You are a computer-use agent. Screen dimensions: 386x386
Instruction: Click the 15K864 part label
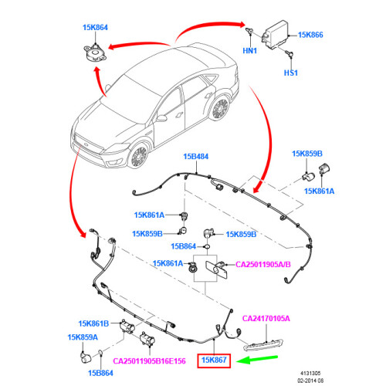coord(95,28)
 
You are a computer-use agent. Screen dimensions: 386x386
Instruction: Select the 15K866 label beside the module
coord(310,35)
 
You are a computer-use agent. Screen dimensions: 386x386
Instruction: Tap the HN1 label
coord(249,51)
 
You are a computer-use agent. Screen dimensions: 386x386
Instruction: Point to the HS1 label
coord(291,73)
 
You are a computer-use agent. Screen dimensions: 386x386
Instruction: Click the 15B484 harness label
coord(196,157)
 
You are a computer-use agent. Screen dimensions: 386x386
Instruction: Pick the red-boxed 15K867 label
coord(214,360)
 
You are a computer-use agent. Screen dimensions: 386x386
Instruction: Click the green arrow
coord(257,359)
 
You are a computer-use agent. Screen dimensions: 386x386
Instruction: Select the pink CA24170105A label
coord(266,319)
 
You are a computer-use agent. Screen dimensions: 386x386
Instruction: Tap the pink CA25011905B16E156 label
coord(149,361)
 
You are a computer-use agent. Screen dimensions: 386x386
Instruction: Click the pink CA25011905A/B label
coord(263,265)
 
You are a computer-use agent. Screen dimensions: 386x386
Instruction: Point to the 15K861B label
coord(93,323)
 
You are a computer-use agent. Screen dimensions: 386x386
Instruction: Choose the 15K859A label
coord(83,337)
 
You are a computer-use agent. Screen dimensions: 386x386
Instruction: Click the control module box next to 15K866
coord(275,35)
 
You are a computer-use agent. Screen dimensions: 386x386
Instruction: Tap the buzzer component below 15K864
coord(95,54)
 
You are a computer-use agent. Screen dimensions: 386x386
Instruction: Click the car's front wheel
coord(139,156)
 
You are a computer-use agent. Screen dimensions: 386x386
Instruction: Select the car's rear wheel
coord(220,108)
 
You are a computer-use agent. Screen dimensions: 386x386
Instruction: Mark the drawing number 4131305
coord(310,373)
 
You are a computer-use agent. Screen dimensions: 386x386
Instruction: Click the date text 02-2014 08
coord(310,381)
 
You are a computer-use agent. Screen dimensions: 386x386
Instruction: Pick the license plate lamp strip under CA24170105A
coord(263,345)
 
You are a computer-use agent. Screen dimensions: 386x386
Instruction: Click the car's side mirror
coord(161,118)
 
